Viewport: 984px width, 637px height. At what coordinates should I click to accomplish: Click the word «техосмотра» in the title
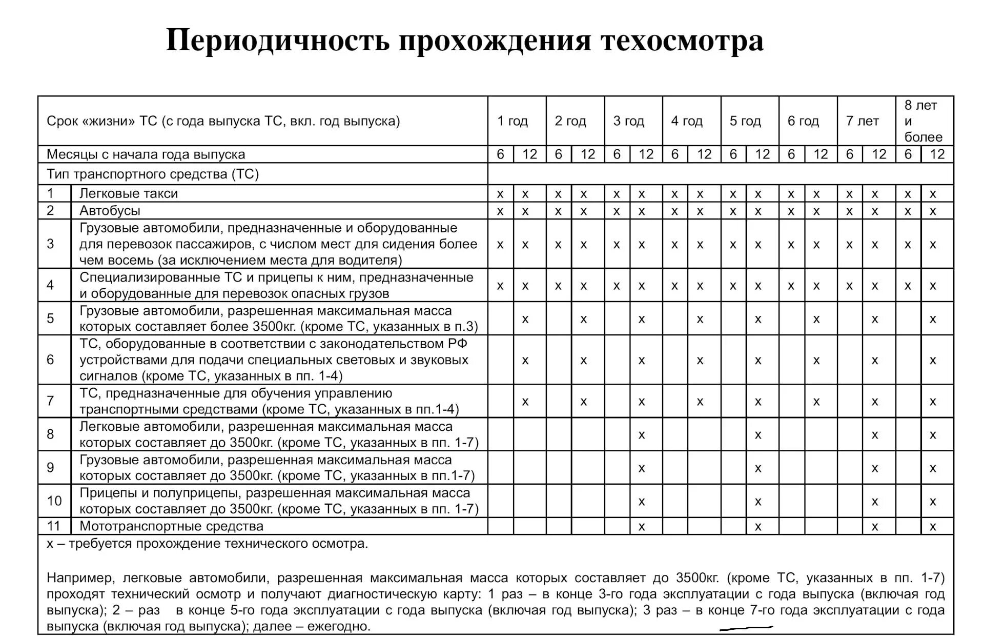coord(682,41)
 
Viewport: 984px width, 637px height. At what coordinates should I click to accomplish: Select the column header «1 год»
coord(512,121)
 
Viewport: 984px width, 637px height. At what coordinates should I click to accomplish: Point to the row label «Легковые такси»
coord(129,193)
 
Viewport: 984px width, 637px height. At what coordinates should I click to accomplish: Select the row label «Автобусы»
coord(110,210)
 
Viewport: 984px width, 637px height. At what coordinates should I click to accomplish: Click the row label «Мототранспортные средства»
coord(171,526)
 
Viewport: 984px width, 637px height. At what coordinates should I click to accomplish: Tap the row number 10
coord(54,501)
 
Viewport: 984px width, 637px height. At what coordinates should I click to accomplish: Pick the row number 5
coord(50,318)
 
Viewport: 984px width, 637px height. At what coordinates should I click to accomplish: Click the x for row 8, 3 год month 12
coord(642,435)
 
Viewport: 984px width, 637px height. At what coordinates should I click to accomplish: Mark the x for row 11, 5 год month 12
coord(758,526)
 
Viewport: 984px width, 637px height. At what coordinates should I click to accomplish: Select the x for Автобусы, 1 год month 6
coord(500,211)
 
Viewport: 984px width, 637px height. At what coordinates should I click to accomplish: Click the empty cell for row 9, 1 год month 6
coord(501,467)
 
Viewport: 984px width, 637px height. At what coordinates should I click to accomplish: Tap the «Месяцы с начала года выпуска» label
coord(146,154)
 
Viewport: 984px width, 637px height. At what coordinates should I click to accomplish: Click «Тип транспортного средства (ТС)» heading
coord(153,174)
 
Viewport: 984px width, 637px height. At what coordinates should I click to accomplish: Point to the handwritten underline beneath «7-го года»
coord(746,628)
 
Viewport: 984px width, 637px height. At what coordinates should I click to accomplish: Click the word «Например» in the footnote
coord(79,578)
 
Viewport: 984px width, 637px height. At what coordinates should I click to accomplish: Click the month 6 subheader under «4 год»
coord(675,154)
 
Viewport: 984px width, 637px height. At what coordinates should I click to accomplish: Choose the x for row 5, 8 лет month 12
coord(933,319)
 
